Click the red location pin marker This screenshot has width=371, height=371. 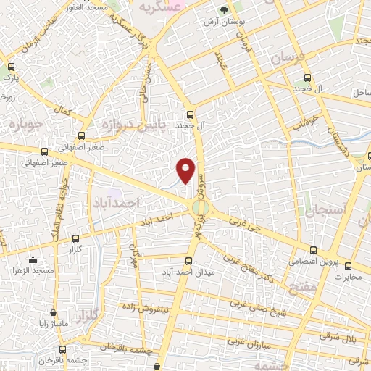186,169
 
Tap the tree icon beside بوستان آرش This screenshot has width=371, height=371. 224,11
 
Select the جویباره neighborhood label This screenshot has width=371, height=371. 22,122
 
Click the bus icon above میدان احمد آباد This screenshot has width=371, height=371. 188,261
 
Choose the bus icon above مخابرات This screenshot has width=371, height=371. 348,265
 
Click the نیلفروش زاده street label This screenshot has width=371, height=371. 156,307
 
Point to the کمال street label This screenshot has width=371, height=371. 63,113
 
